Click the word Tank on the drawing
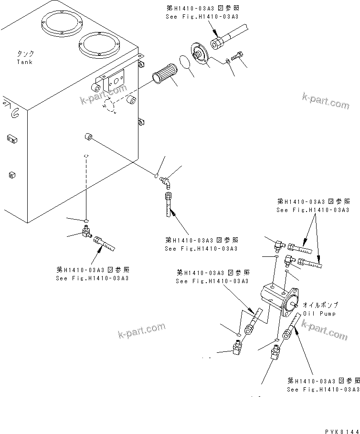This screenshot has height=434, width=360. click(25, 62)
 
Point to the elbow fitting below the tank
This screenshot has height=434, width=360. click(86, 233)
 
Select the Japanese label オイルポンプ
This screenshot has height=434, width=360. click(320, 305)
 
